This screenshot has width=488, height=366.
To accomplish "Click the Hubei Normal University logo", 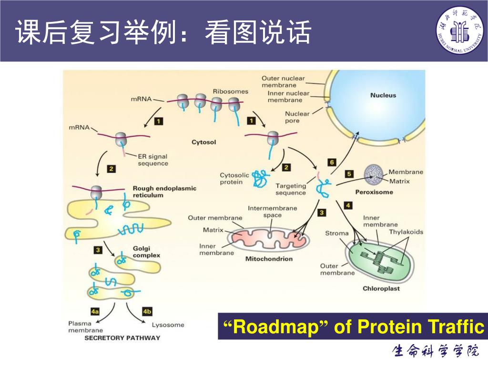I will (459, 30).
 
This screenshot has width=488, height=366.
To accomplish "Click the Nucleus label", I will (383, 95).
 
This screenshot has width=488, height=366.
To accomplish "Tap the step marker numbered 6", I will (332, 162).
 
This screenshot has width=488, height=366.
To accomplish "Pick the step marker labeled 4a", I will (95, 312).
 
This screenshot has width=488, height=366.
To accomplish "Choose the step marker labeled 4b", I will (147, 312).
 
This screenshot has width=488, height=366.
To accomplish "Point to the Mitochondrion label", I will (269, 259).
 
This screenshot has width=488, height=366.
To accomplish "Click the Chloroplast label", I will (381, 288).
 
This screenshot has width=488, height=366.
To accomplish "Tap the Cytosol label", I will (203, 142).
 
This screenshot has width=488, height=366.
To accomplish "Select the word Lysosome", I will (168, 325).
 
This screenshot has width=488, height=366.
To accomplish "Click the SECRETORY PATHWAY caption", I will (122, 338).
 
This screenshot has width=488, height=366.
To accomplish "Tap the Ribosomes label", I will (230, 91).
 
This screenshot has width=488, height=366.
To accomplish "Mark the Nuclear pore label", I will (297, 117).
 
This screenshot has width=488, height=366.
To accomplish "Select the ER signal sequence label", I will (152, 160).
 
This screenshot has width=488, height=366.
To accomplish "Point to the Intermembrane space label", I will (272, 212).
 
